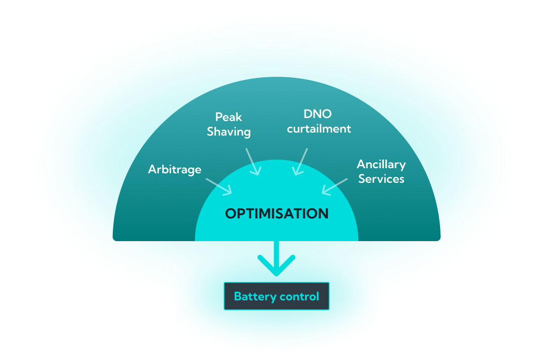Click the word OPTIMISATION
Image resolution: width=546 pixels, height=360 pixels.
pyautogui.click(x=277, y=213)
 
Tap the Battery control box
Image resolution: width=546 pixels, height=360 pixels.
pyautogui.click(x=277, y=296)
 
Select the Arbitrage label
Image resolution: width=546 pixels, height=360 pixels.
pyautogui.click(x=175, y=169)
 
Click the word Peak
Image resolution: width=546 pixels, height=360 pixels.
pyautogui.click(x=229, y=117)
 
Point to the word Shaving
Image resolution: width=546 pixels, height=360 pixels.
pyautogui.click(x=229, y=132)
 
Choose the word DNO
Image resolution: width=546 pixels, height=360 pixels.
pyautogui.click(x=318, y=114)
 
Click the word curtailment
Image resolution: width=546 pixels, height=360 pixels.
pyautogui.click(x=319, y=129)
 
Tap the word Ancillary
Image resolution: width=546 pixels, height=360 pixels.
pyautogui.click(x=381, y=164)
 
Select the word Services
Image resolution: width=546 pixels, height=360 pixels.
pyautogui.click(x=381, y=178)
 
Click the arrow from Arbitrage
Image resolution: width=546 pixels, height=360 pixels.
pyautogui.click(x=219, y=186)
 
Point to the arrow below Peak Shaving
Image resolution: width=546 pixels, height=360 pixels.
pyautogui.click(x=253, y=162)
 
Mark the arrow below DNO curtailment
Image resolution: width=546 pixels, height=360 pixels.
pyautogui.click(x=301, y=162)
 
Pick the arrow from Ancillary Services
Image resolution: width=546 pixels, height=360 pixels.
pyautogui.click(x=335, y=187)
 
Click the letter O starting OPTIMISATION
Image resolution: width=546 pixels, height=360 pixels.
pyautogui.click(x=231, y=214)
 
